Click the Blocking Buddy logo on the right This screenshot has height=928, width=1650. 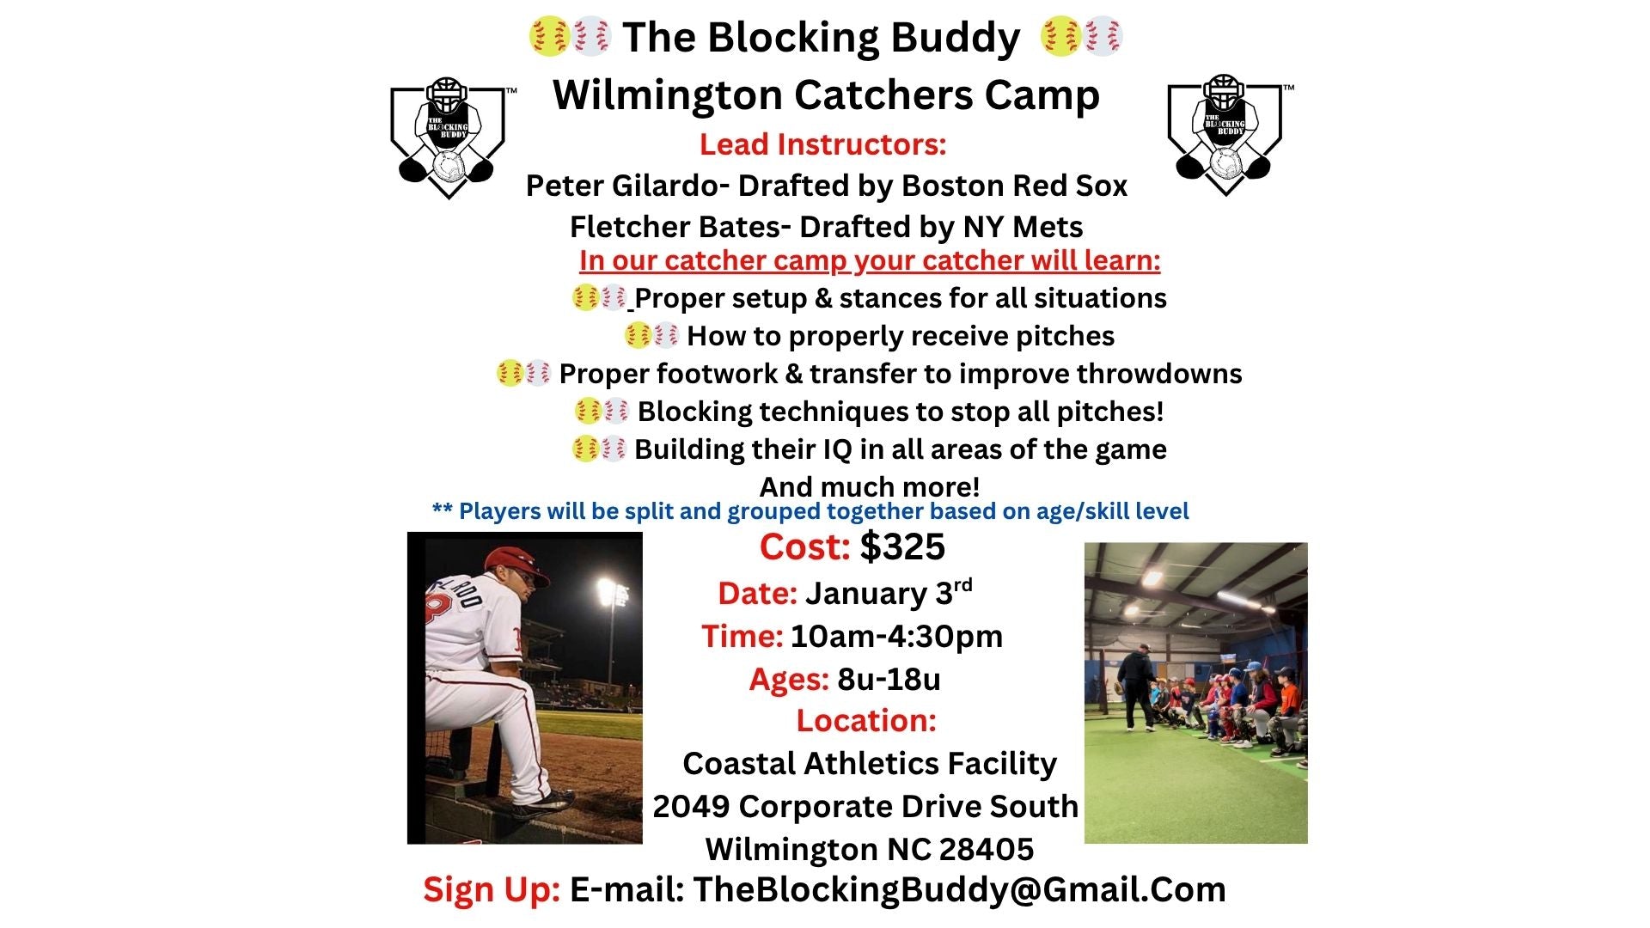pos(1227,135)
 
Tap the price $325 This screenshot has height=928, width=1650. pos(902,546)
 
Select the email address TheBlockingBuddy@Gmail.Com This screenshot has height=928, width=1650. pos(959,889)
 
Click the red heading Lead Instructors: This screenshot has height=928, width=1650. pos(822,144)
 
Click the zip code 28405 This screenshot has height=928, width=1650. pos(987,849)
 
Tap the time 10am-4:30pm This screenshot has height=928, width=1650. pos(896,637)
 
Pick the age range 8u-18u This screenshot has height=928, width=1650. pos(889,680)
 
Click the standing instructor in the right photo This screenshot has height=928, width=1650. pos(1137,687)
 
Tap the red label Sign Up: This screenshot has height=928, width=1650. pos(492,890)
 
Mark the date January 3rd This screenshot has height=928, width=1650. pos(889,592)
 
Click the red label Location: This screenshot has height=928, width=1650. pos(866,720)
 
